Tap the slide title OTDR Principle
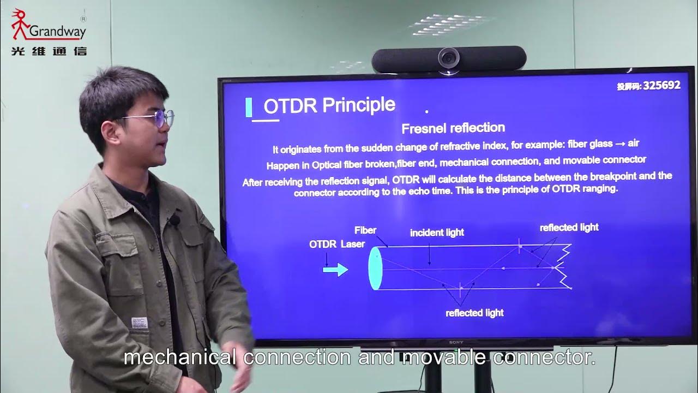click(x=329, y=105)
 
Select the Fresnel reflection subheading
click(x=453, y=128)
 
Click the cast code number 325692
click(x=661, y=86)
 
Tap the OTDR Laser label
click(x=336, y=245)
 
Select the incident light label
click(x=437, y=233)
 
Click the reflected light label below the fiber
click(x=474, y=313)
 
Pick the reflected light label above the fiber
click(x=569, y=228)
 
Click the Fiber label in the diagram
click(x=365, y=230)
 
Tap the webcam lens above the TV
click(x=449, y=56)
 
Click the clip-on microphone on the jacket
click(x=174, y=221)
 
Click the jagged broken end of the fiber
click(x=563, y=267)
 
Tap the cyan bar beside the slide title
click(x=249, y=108)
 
